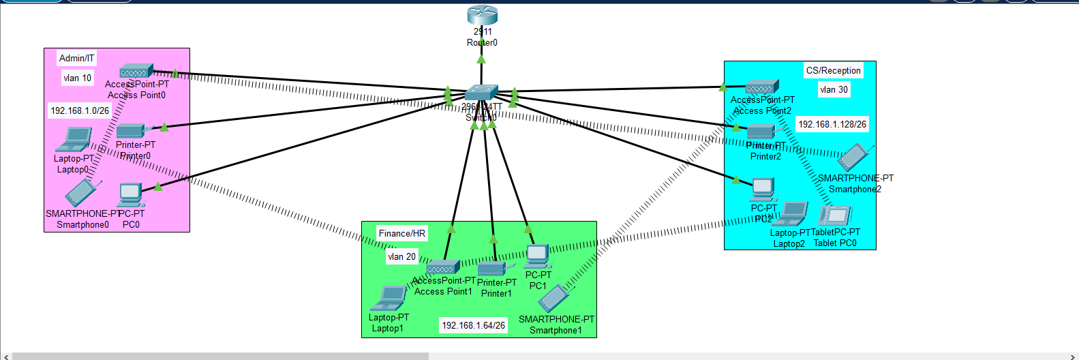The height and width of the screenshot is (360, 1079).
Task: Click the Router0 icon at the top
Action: tap(482, 15)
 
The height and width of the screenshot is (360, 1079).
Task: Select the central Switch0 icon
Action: tap(481, 93)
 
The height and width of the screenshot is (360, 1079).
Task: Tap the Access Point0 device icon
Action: tap(136, 71)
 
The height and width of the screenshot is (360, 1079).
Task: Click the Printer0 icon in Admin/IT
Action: tap(130, 131)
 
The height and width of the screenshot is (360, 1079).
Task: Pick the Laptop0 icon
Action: tap(74, 140)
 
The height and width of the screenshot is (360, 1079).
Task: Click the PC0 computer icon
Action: tap(130, 195)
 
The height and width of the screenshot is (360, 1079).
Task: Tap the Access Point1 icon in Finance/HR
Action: tap(443, 267)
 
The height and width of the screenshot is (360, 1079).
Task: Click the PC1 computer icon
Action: tap(537, 256)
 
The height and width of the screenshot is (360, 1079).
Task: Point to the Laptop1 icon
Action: tap(389, 298)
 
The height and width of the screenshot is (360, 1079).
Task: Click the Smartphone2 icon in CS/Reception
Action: tap(853, 157)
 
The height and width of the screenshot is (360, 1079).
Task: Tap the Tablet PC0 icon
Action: tap(834, 215)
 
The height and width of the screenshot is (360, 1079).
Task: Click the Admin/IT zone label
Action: tap(77, 59)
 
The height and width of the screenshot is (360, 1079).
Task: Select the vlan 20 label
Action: tap(401, 257)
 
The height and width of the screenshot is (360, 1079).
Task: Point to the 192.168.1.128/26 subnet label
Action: tap(832, 125)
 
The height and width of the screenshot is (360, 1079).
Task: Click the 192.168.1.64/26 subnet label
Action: tap(474, 326)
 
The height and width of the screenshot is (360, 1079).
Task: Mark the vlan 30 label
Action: tap(834, 90)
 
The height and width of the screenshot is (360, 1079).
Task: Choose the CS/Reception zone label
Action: tap(833, 71)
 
